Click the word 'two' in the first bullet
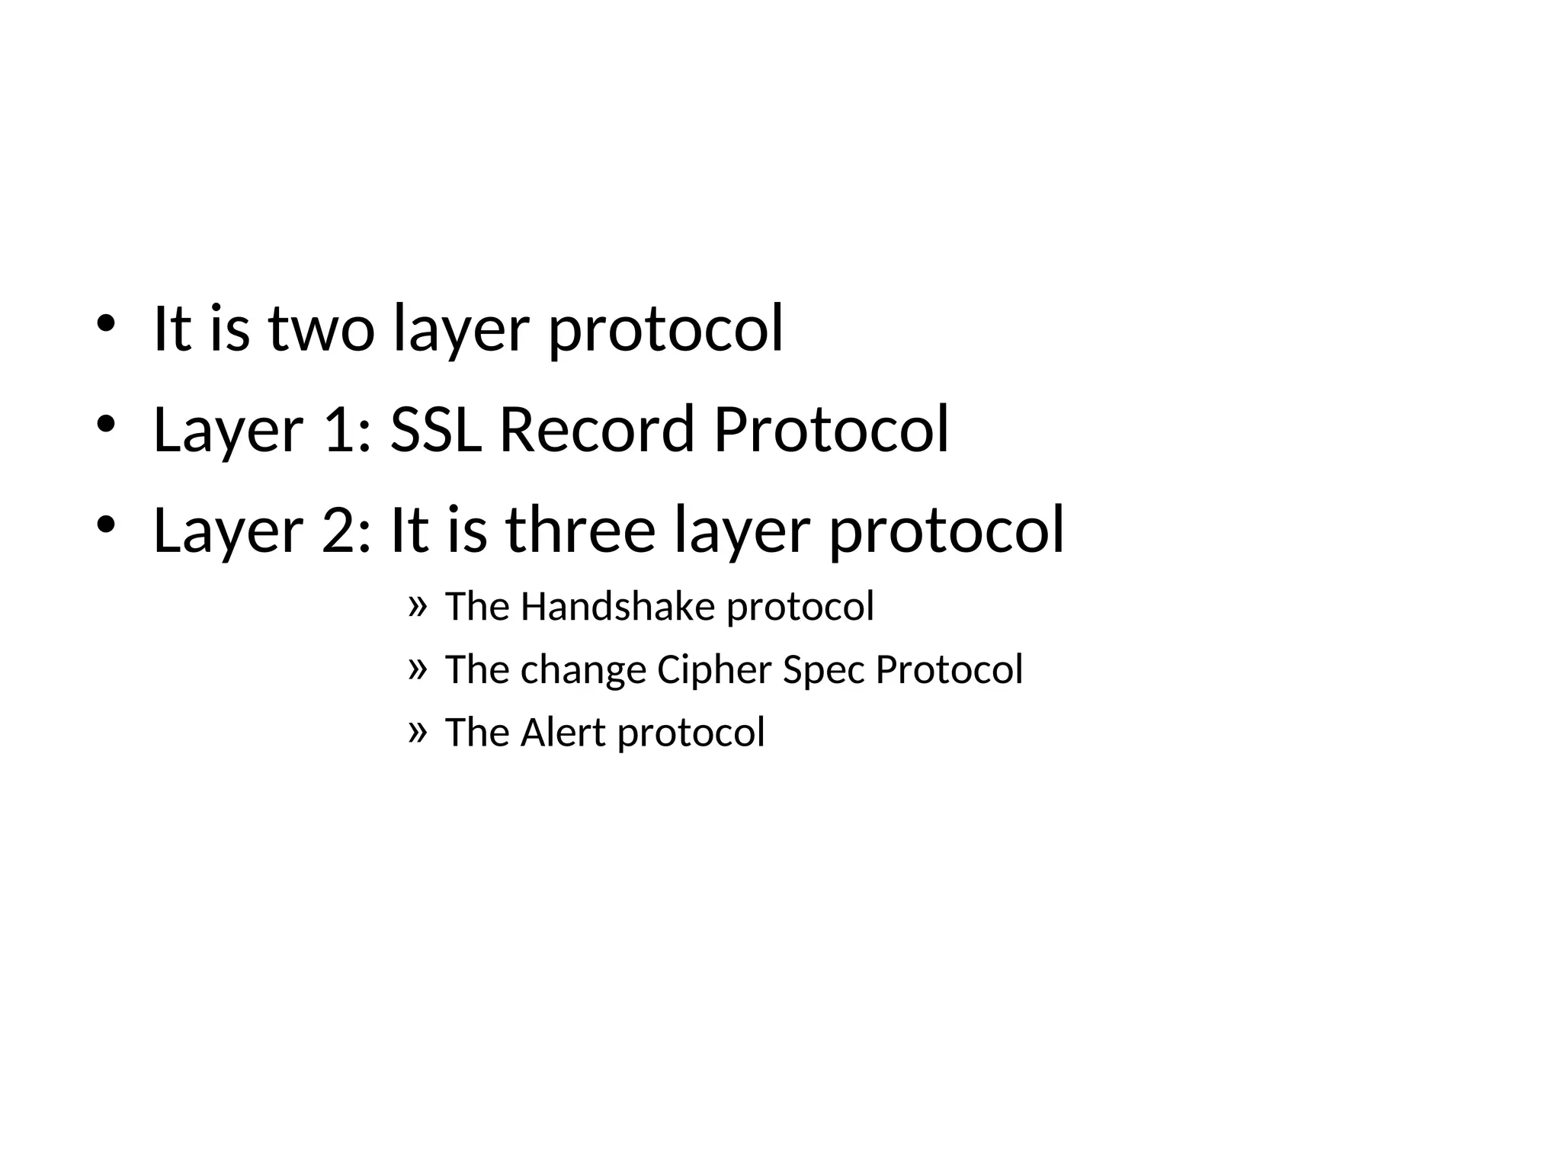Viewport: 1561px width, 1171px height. click(321, 329)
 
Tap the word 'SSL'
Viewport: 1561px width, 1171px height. click(435, 429)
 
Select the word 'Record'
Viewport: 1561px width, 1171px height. click(596, 429)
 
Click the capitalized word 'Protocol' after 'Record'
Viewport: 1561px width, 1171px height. click(831, 429)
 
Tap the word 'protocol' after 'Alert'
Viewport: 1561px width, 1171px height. click(691, 734)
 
